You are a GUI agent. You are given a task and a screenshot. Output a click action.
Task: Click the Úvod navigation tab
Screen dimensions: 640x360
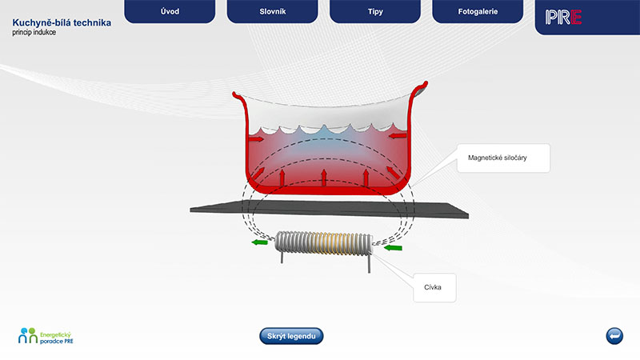(170, 11)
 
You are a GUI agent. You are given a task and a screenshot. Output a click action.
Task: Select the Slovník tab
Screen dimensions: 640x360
(272, 11)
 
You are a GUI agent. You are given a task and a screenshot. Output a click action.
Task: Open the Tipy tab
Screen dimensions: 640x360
(375, 11)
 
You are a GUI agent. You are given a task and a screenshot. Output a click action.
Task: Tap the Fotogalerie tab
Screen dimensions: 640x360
(478, 11)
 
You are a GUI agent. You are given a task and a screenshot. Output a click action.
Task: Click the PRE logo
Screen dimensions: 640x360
(563, 17)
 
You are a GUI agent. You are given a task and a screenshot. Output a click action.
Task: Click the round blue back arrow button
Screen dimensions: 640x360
(614, 336)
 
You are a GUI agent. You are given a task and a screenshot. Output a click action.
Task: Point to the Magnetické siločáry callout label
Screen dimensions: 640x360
(503, 158)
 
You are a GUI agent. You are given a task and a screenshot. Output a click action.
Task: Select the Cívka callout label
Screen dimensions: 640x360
(434, 288)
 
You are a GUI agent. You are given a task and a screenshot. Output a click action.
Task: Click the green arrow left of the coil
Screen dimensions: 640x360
(259, 242)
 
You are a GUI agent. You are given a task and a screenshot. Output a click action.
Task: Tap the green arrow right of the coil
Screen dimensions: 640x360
(394, 247)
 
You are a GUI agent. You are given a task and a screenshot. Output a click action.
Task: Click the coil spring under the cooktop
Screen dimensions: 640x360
(324, 244)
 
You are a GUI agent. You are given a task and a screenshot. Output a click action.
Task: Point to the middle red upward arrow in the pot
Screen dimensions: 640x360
(324, 178)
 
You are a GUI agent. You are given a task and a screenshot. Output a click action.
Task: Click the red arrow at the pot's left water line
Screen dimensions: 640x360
(256, 139)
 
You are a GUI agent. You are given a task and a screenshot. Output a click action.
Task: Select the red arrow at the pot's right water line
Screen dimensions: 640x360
(397, 135)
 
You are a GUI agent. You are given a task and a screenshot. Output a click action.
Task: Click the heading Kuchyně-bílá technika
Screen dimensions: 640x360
(62, 23)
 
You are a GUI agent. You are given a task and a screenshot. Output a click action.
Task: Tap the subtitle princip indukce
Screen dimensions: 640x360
(34, 33)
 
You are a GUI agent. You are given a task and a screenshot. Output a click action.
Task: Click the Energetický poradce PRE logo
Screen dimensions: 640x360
(46, 336)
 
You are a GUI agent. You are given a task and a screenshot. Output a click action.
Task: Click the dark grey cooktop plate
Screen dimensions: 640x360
(329, 209)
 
